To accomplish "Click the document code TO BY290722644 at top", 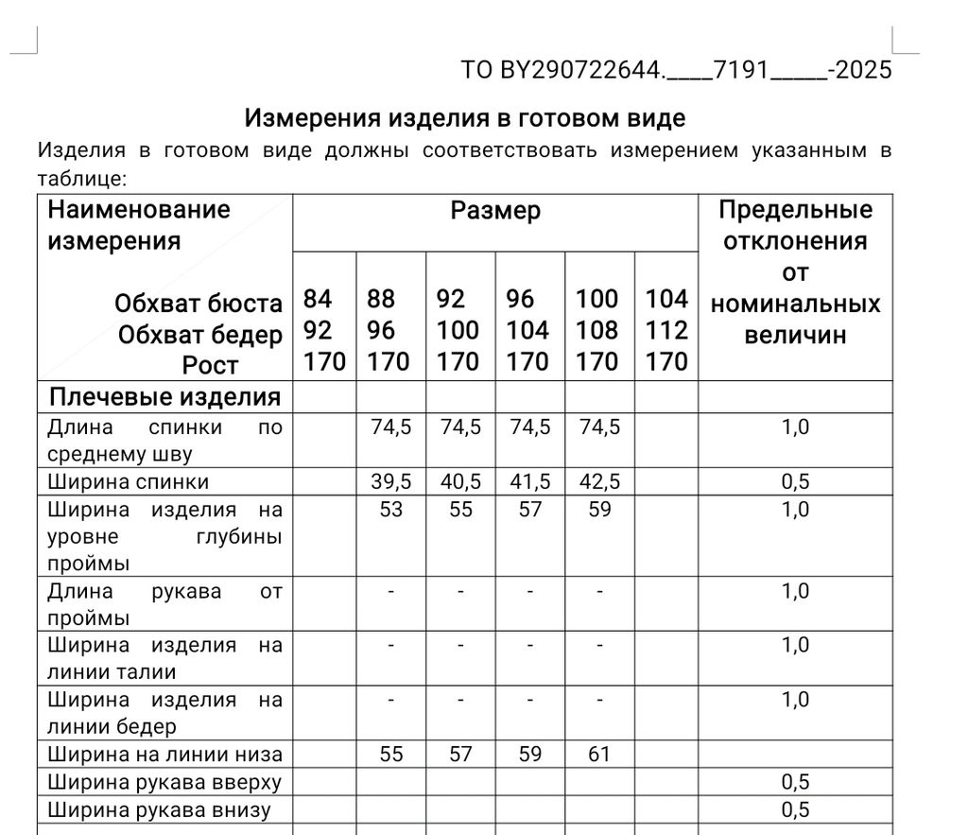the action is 676,70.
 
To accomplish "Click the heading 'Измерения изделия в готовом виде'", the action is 464,118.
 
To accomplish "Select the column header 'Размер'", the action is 495,210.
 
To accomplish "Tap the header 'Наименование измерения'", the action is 139,225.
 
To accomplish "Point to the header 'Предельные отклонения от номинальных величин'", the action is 795,271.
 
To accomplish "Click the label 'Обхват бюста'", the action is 199,304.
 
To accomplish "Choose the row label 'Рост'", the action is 210,365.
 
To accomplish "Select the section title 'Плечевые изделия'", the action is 164,397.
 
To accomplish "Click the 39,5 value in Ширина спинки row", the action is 390,482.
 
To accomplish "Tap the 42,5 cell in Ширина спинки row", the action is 599,482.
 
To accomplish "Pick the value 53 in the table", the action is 390,510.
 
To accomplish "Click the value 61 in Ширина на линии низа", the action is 599,755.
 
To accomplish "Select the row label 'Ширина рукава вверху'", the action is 164,782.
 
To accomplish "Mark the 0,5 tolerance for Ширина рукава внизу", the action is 795,810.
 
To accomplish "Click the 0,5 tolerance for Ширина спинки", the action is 795,482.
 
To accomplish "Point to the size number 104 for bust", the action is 666,300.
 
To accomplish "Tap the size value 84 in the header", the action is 318,300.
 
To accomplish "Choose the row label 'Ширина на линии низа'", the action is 164,755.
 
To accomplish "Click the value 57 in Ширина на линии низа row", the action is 460,755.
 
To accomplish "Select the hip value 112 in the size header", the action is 666,331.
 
